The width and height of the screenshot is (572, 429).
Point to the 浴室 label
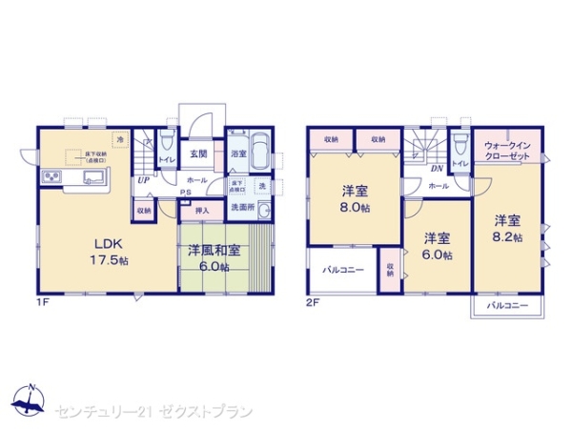[x=238, y=153]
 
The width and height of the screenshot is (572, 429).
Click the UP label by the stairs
[x=142, y=179]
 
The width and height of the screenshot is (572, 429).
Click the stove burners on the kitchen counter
[x=51, y=178]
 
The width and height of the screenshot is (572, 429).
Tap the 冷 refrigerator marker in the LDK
[x=120, y=141]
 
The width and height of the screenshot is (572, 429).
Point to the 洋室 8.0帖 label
[x=354, y=196]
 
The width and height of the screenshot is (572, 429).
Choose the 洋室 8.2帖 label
[x=507, y=228]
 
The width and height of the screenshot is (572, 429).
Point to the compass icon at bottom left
[x=29, y=400]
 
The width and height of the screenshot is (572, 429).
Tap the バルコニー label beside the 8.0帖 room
[x=343, y=270]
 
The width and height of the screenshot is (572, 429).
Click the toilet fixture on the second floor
[x=460, y=143]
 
